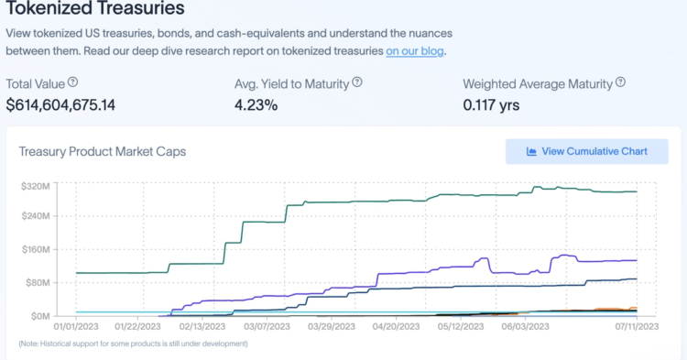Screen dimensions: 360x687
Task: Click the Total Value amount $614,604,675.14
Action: click(x=60, y=104)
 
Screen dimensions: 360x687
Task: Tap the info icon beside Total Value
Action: click(x=73, y=82)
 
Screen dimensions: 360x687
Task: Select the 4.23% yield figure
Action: click(x=256, y=104)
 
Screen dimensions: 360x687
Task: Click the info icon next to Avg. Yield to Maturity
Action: click(x=357, y=82)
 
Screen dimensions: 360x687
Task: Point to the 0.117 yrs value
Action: click(x=491, y=104)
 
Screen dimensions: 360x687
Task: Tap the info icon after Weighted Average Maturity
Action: click(x=620, y=82)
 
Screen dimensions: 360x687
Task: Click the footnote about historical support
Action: click(x=134, y=344)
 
